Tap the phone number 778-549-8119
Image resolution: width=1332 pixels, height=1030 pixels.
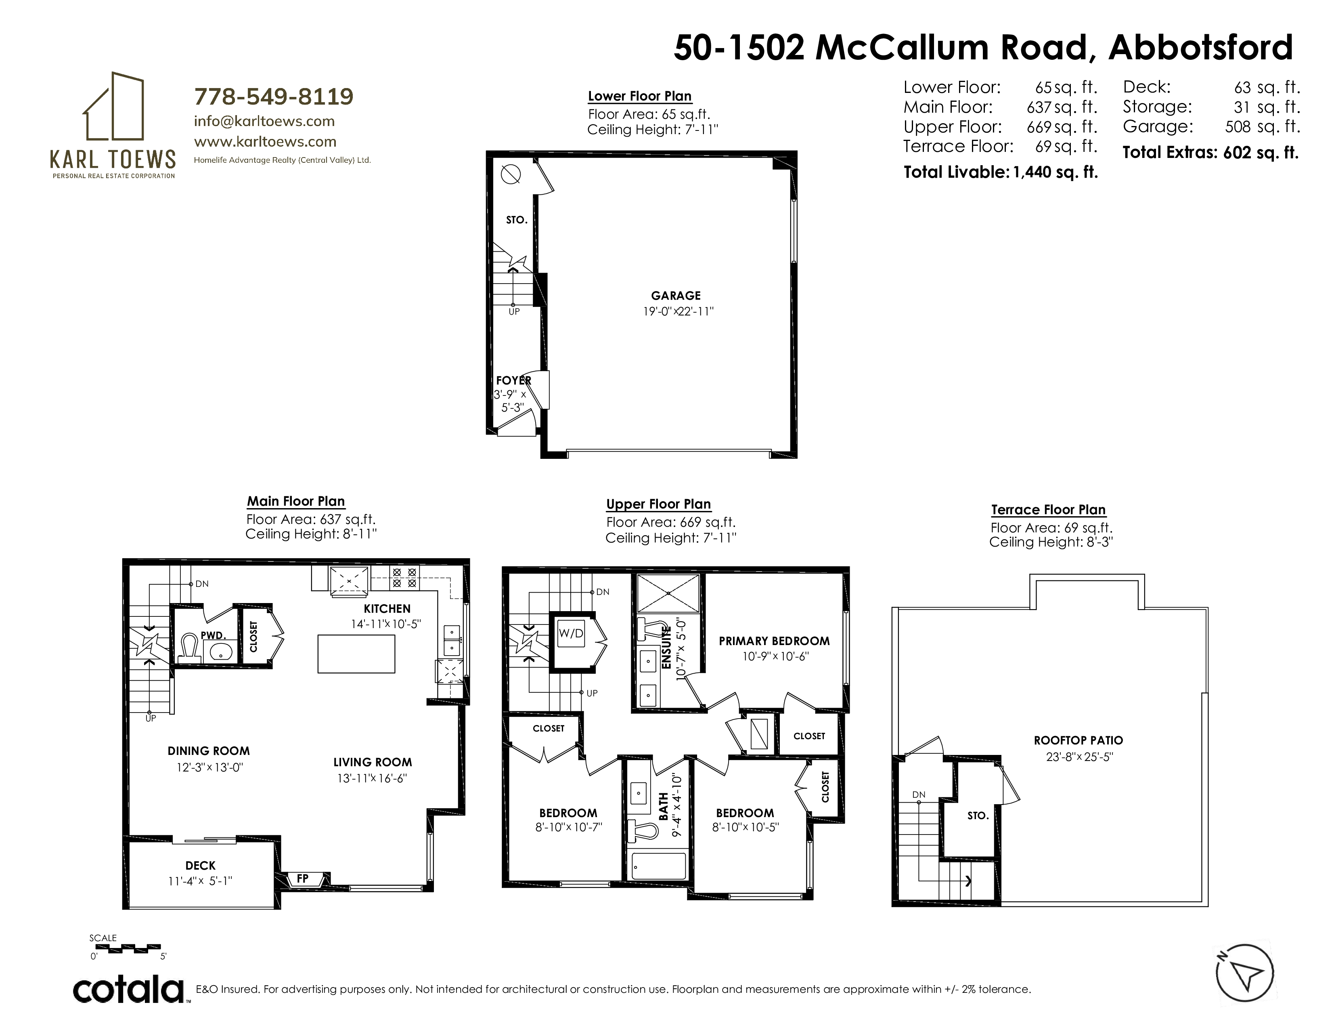(274, 97)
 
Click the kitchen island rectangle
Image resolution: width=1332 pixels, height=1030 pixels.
(356, 654)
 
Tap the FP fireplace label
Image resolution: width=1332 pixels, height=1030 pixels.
(302, 879)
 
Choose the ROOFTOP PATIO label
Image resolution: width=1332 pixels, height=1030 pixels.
(1078, 740)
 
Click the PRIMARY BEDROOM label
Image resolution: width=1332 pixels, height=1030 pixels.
(774, 641)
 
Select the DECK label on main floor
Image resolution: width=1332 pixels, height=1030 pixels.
(201, 865)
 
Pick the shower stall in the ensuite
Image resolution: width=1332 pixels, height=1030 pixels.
(668, 593)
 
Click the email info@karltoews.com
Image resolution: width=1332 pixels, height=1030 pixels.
(264, 121)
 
